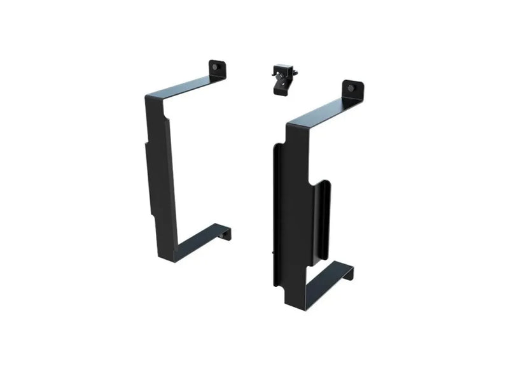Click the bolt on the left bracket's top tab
coord(218,66)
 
